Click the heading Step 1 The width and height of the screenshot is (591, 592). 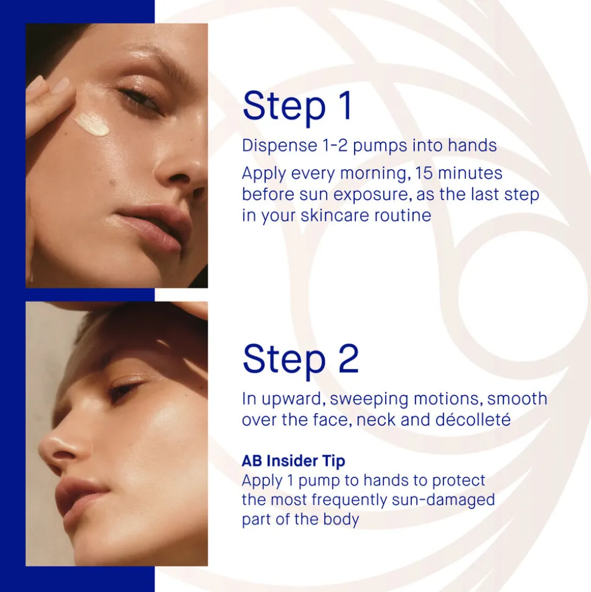point(297,106)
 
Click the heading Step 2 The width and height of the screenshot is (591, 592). point(300,359)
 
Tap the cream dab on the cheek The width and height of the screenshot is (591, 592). point(91,124)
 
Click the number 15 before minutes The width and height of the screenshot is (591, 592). point(424,173)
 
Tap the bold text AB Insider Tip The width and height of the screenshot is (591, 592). point(293,460)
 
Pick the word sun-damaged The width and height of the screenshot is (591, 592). point(443,501)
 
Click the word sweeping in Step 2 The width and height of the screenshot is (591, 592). point(369,399)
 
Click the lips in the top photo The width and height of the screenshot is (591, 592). point(155,228)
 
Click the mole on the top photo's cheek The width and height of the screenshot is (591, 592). point(113,182)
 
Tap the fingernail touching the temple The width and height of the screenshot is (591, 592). point(60,85)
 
